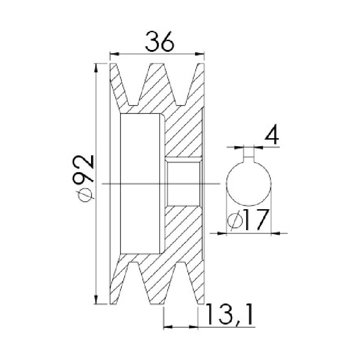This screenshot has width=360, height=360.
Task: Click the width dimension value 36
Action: [x=160, y=42]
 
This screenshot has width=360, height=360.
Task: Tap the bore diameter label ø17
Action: [x=248, y=220]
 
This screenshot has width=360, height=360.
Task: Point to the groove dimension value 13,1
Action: [x=230, y=314]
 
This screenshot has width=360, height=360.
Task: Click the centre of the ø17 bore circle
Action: [x=249, y=183]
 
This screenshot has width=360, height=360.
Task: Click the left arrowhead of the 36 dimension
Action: [x=115, y=54]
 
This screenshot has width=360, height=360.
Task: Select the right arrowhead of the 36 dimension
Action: [x=199, y=54]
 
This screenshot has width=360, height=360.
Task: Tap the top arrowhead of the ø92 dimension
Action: [x=97, y=68]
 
